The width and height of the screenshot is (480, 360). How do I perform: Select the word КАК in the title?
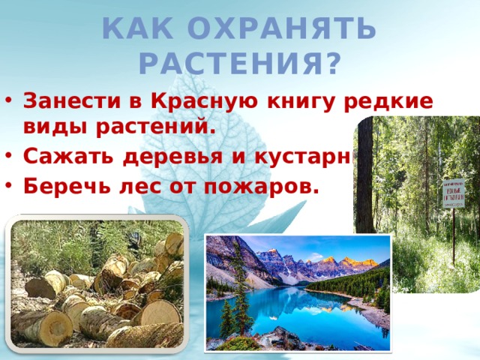point(136,30)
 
